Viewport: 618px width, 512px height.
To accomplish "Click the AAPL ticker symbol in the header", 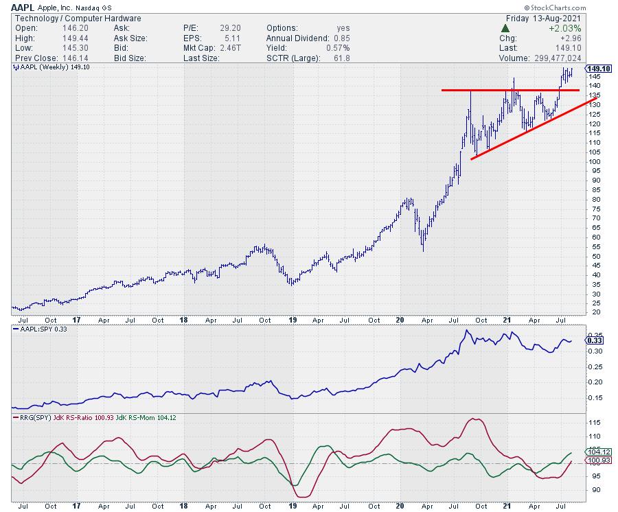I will pos(23,8).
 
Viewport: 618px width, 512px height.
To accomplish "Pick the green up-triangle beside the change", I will pos(505,28).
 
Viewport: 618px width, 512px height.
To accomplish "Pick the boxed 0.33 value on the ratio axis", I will pos(596,340).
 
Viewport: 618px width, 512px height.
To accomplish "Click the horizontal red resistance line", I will pos(508,90).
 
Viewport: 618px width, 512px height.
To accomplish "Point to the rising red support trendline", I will pos(529,130).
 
